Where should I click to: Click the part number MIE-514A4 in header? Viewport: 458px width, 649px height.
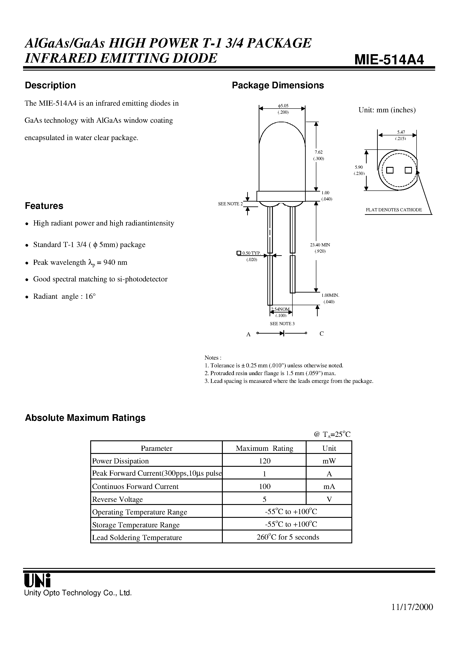pos(389,60)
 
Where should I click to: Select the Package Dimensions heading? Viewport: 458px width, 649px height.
pos(278,85)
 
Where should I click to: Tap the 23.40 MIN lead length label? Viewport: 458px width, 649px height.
pos(320,245)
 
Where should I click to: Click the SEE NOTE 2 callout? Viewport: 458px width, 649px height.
pos(230,204)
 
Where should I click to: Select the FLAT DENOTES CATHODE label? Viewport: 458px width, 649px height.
pos(394,210)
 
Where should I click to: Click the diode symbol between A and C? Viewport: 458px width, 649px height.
pos(282,333)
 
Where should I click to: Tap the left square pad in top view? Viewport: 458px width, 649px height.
pos(390,170)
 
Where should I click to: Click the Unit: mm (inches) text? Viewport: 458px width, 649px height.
pos(387,110)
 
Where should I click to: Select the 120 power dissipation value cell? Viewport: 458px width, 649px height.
pos(264,461)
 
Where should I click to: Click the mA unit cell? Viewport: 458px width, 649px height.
pos(329,487)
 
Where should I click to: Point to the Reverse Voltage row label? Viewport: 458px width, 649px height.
pos(117,499)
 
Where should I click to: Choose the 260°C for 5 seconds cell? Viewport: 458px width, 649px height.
pos(288,537)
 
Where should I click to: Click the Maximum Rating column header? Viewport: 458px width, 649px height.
pos(264,448)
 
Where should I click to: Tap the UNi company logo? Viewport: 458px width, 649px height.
pos(37,581)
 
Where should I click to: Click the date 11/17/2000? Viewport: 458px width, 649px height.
pos(412,615)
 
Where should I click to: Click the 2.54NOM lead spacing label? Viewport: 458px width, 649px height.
pos(280,309)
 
